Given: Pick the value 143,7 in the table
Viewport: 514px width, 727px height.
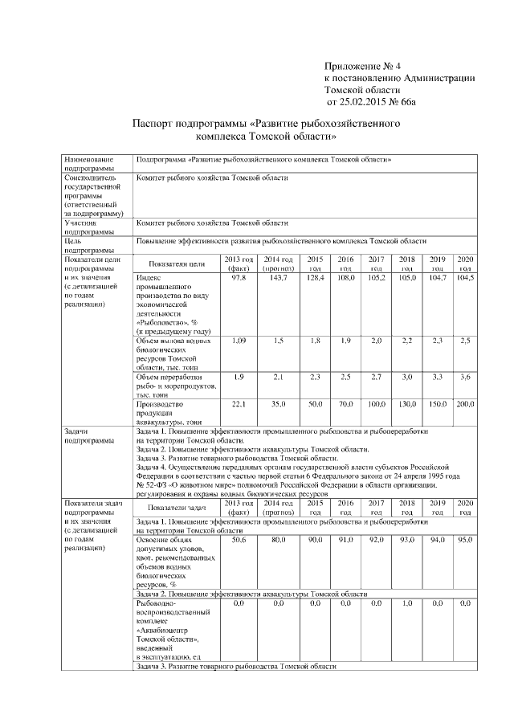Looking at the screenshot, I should click(x=278, y=277).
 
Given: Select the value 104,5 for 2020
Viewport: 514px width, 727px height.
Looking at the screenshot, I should click(x=465, y=277).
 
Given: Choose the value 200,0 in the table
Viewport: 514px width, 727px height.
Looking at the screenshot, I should click(x=465, y=403).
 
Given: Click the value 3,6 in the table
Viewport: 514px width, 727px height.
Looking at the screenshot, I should click(x=465, y=377).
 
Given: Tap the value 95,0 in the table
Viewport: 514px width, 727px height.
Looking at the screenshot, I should click(x=465, y=541).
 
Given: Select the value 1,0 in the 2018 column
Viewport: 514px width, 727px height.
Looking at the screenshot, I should click(x=407, y=602).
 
